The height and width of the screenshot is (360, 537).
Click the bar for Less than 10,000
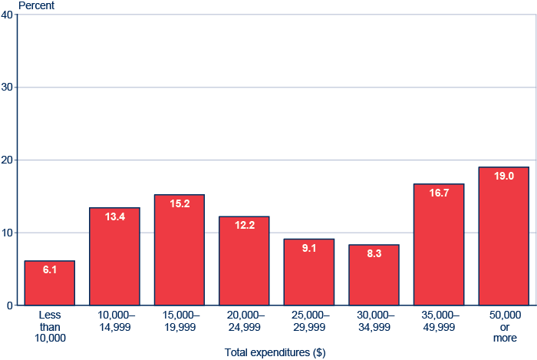coord(50,283)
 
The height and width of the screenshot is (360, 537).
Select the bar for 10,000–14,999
coord(114,256)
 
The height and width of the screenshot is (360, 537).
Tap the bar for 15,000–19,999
coord(180,250)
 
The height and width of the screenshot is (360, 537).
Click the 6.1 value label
coord(50,270)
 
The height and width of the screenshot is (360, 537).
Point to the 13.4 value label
coord(114,217)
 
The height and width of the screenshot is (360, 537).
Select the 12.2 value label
coord(244,226)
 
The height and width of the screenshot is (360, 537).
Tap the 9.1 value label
coord(309,249)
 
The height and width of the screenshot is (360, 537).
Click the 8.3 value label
coord(374,254)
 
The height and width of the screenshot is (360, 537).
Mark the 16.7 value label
coord(439,193)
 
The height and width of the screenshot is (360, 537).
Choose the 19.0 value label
coord(503,177)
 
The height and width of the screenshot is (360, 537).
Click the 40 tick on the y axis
coord(8,15)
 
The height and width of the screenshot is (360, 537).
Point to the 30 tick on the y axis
coord(8,88)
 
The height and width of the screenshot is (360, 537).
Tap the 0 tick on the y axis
coord(10,306)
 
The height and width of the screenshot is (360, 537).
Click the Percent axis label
coord(37,5)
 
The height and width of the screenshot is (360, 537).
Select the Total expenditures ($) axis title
coord(275,353)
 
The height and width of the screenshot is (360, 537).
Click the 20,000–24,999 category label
coord(244,321)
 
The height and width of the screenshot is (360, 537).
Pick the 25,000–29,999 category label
coord(309,321)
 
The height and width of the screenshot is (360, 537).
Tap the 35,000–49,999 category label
coord(439,321)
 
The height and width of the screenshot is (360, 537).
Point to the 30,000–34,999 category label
coord(374,321)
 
